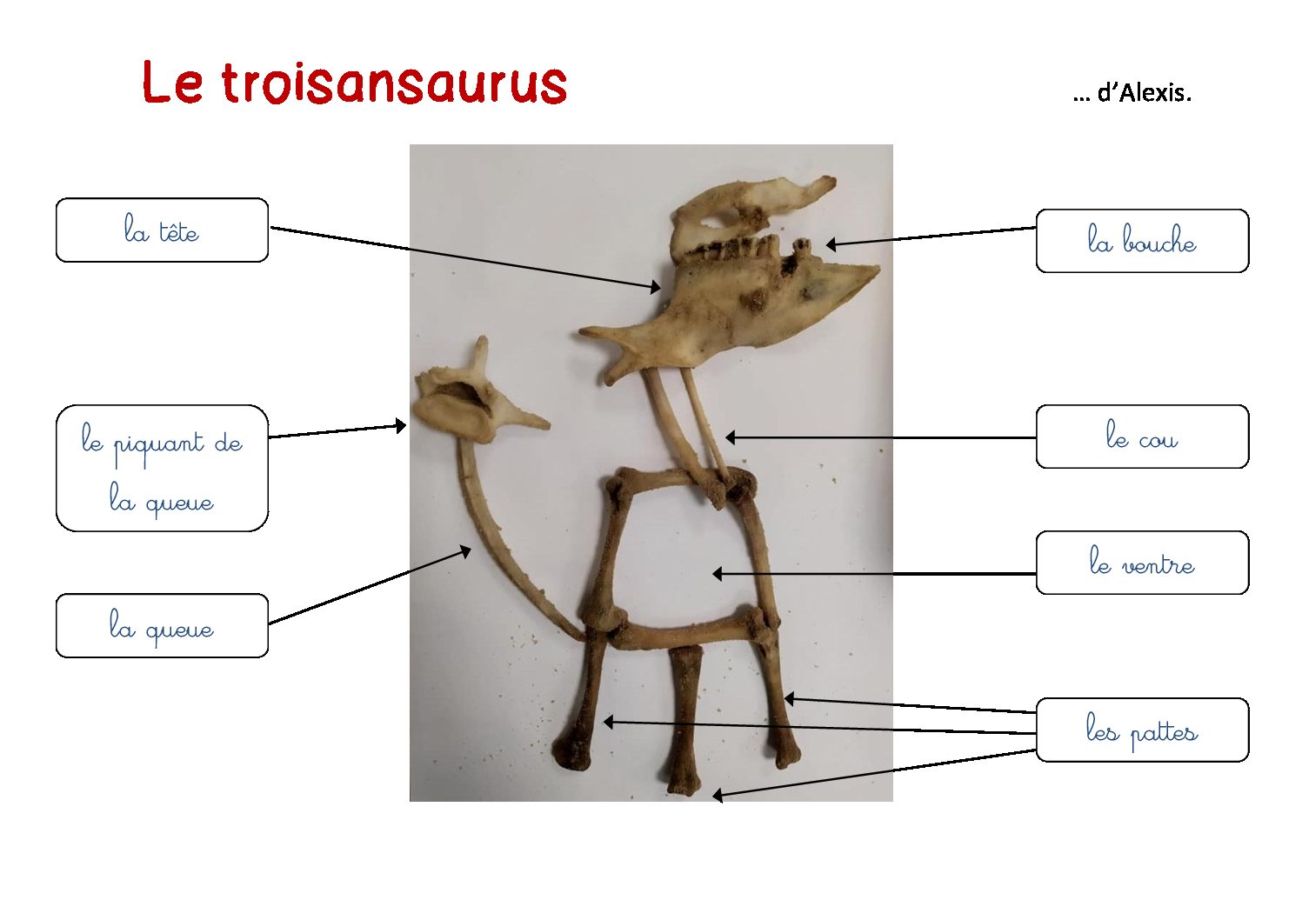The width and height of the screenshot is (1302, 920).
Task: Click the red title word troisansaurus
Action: point(394,83)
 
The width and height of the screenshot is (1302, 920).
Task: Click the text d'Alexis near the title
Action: point(1144,93)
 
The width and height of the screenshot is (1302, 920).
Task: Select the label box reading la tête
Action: point(162,230)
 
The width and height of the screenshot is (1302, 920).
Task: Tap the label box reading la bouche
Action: point(1142,241)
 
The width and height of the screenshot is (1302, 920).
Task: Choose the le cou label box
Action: point(1142,437)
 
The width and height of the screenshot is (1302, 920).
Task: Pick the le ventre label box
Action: point(1142,563)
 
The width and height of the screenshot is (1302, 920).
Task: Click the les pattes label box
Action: point(1142,730)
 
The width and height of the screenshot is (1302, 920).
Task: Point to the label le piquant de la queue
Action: point(162,469)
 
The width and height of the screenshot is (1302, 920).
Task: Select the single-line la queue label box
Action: point(162,626)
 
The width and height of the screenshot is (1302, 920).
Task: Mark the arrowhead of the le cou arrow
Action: point(731,437)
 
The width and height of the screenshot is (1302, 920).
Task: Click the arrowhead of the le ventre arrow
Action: point(718,574)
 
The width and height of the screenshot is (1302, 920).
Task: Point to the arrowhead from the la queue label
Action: point(465,550)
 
